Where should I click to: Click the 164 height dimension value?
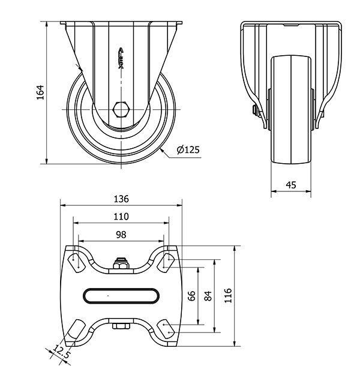tap(40, 92)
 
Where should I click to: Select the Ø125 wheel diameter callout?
tap(188, 149)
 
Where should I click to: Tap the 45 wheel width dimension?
tap(291, 185)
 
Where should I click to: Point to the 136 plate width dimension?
tap(121, 199)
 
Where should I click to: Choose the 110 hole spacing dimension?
tap(121, 217)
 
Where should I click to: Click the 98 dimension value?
tap(121, 235)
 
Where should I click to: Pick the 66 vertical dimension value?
tap(191, 296)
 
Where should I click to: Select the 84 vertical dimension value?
tap(208, 296)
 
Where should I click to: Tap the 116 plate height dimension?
tap(228, 296)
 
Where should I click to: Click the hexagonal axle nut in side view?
tap(121, 109)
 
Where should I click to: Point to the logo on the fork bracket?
tap(121, 58)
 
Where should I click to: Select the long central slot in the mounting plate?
tap(121, 296)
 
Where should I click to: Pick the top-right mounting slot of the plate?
tap(166, 262)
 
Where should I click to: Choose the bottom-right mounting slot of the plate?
tap(166, 329)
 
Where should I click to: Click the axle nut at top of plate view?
tap(121, 263)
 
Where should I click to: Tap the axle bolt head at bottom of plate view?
tap(121, 326)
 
